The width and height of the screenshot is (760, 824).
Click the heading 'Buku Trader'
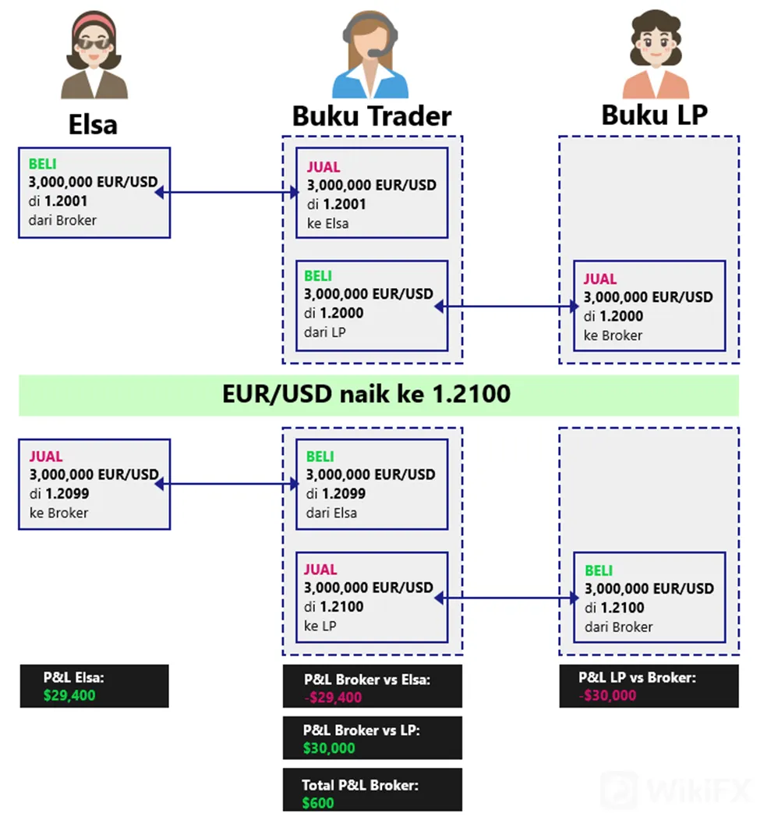tap(372, 116)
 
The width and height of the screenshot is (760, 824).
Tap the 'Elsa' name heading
tap(93, 125)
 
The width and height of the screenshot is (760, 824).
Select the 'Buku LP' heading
tap(655, 115)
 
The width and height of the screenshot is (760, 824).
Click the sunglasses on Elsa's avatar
tap(94, 43)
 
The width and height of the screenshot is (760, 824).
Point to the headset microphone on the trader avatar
tap(376, 52)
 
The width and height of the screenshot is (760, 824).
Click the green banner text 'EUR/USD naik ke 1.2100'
tap(366, 393)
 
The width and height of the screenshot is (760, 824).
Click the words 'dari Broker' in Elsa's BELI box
tap(62, 220)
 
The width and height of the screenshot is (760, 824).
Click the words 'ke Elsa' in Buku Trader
tap(327, 223)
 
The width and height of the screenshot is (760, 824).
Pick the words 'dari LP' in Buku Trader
tap(325, 332)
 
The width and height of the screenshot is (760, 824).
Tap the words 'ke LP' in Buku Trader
tap(320, 626)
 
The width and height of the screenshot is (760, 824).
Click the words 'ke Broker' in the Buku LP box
tap(613, 336)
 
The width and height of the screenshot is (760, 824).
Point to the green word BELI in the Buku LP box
tap(599, 570)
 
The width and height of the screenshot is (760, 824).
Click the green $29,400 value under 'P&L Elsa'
tap(69, 695)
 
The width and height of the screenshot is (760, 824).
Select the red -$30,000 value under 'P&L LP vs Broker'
tap(607, 695)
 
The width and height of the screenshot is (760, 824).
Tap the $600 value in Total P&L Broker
tap(318, 803)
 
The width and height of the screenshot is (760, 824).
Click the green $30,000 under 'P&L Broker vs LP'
tap(329, 748)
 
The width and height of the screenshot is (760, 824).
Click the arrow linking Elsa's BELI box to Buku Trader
tap(228, 193)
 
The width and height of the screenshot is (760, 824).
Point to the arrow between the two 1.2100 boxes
tap(507, 598)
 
